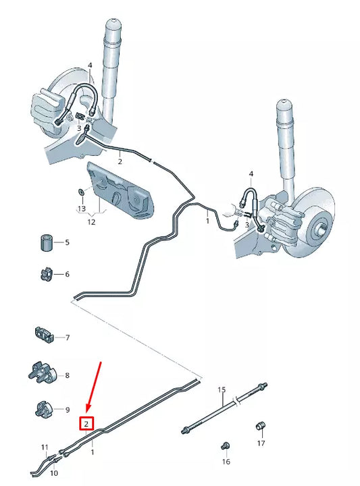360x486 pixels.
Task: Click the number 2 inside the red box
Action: [x=86, y=424]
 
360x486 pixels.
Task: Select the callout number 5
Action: [x=67, y=242]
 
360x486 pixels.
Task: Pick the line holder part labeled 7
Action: [x=45, y=334]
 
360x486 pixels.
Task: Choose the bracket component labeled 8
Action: [x=43, y=373]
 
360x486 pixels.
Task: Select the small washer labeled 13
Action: [x=80, y=192]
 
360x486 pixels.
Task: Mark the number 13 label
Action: [x=81, y=209]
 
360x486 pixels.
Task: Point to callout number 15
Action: [x=221, y=390]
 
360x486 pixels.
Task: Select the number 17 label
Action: [x=261, y=443]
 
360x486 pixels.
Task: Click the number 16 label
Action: [x=226, y=461]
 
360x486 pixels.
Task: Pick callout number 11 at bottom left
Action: [x=45, y=447]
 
